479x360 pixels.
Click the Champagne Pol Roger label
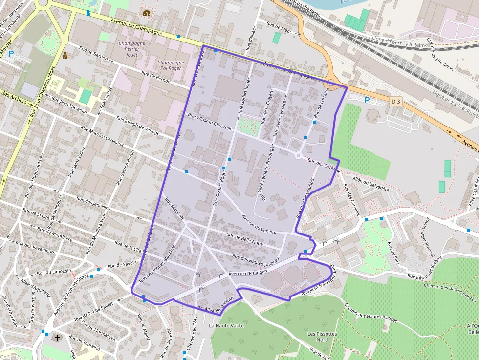point(171,65)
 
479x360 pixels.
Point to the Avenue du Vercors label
point(259,225)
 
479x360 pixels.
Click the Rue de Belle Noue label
point(245,239)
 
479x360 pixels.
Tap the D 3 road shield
point(396,102)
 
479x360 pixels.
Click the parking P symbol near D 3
point(367,100)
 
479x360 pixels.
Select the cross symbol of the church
point(57,338)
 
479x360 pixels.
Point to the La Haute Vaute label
point(226,325)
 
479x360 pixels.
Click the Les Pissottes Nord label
point(322,337)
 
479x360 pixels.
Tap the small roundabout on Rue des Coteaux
point(298,155)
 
